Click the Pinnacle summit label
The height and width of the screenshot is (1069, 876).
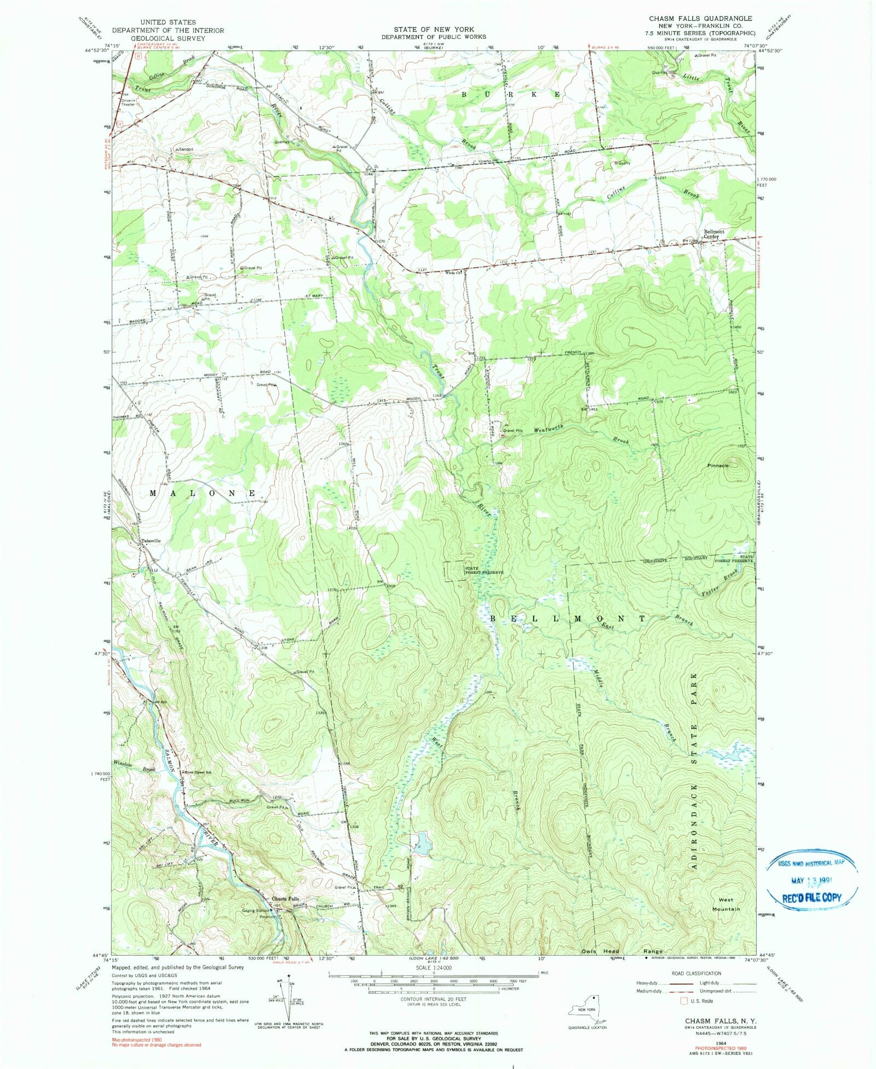click(718, 465)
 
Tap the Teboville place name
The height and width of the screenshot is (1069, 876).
click(151, 541)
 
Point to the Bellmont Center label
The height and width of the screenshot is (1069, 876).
click(714, 234)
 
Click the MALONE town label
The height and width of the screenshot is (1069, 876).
click(203, 493)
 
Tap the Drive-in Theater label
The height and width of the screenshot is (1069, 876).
click(128, 102)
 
